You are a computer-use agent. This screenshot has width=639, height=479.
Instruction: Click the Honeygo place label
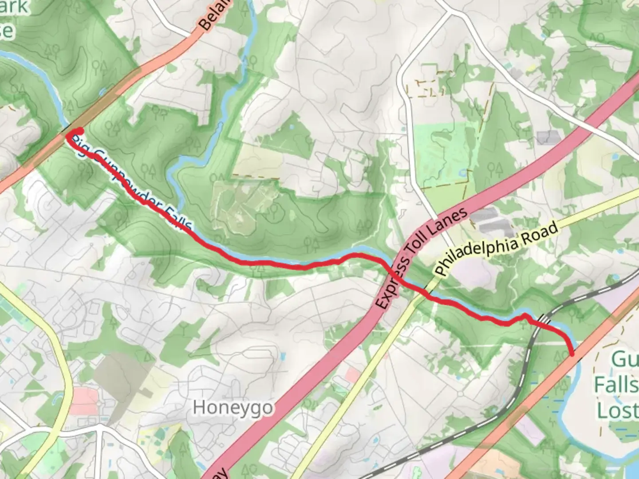coord(233,407)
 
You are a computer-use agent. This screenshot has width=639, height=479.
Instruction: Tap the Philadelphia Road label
coord(496,249)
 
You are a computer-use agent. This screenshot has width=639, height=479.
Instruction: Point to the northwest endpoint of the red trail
coord(79,131)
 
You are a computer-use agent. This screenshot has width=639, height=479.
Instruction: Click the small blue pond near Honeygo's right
coord(282,355)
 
